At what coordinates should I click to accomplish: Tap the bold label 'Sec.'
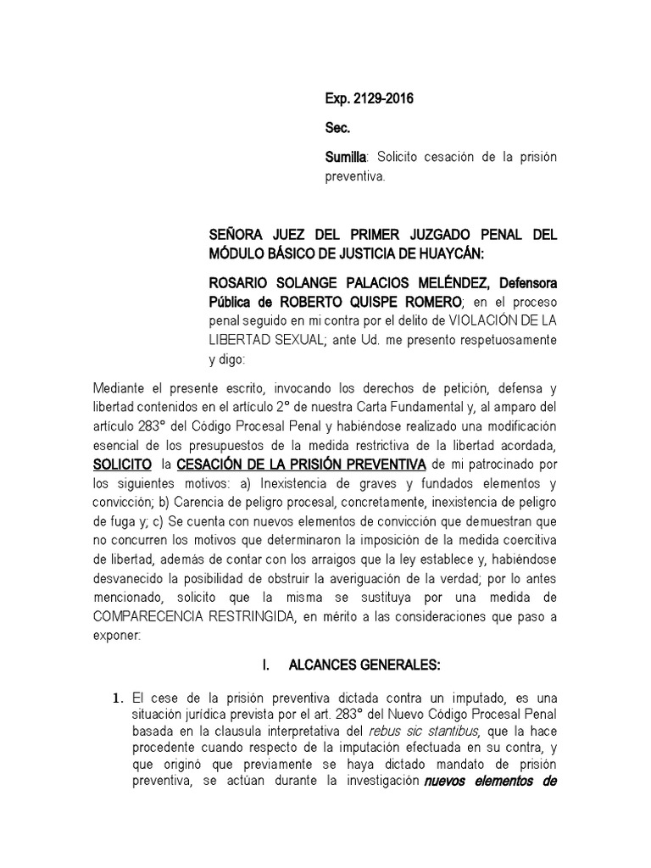point(337,129)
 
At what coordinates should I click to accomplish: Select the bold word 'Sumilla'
point(346,158)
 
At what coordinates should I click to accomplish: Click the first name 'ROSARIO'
point(240,282)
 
